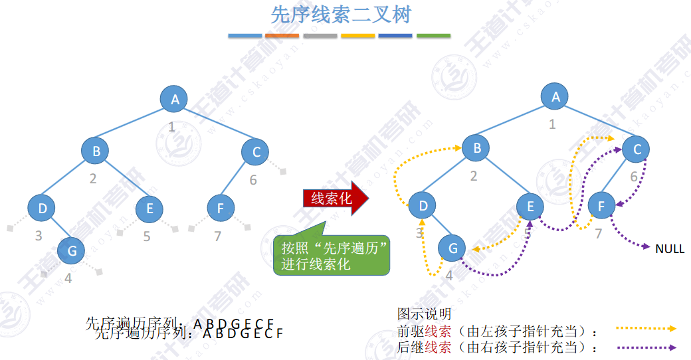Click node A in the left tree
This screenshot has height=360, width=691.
[x=174, y=100]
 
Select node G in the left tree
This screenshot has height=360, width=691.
[x=71, y=250]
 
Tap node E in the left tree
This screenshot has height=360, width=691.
[x=149, y=209]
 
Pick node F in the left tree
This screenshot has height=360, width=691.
[x=220, y=209]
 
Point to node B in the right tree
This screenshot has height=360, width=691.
[x=476, y=148]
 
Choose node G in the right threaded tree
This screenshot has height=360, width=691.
[x=452, y=248]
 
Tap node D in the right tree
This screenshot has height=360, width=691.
[x=423, y=206]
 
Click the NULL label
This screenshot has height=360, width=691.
[x=669, y=249]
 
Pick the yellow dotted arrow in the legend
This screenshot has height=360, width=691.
[x=645, y=328]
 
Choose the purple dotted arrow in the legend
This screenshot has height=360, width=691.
[x=645, y=347]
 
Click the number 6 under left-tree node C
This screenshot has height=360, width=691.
[x=253, y=180]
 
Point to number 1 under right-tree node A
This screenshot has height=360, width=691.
[x=552, y=124]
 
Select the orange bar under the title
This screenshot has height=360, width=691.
[x=282, y=35]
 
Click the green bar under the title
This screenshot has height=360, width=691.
[x=433, y=35]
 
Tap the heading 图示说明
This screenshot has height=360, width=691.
[x=424, y=313]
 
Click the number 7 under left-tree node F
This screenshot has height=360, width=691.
[x=218, y=236]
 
